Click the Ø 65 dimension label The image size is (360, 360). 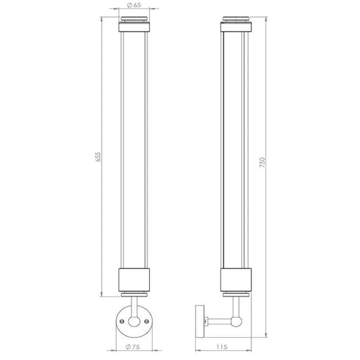pos(134,5)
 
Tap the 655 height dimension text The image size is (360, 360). pos(98,157)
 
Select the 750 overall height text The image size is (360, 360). pos(262,162)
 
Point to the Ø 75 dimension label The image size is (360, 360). pos(133,347)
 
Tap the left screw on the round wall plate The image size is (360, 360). pos(122,321)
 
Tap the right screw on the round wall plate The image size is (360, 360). pos(147,321)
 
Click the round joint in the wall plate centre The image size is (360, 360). pos(134,321)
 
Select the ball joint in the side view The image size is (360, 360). pos(236,321)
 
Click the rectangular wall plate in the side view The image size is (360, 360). pos(200,321)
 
